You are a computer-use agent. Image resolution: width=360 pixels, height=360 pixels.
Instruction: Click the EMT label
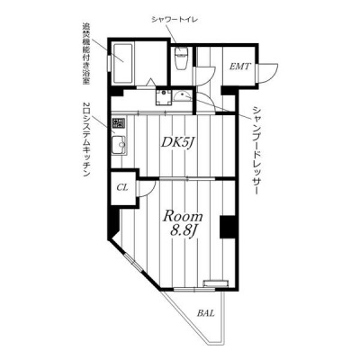239,67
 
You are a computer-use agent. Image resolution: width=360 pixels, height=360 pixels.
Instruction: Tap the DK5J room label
175,142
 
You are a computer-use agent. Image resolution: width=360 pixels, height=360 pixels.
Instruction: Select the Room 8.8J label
183,223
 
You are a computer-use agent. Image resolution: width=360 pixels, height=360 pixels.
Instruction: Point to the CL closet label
122,188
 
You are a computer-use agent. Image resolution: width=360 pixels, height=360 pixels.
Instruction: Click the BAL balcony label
206,313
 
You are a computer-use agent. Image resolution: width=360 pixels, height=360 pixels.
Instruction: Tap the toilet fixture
181,58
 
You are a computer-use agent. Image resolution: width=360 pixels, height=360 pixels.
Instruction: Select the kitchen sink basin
119,145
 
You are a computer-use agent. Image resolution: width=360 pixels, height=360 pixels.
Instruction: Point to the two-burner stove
119,122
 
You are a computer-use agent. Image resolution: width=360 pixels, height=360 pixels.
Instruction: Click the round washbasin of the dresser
183,97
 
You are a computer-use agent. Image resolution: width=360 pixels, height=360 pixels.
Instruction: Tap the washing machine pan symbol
163,97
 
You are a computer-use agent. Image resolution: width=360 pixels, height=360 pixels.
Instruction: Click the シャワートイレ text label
174,20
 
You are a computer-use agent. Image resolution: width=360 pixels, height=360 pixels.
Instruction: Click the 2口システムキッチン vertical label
86,139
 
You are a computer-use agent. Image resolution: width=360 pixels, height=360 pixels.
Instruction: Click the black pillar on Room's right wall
227,227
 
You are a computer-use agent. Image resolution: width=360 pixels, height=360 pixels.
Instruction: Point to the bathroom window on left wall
110,63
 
